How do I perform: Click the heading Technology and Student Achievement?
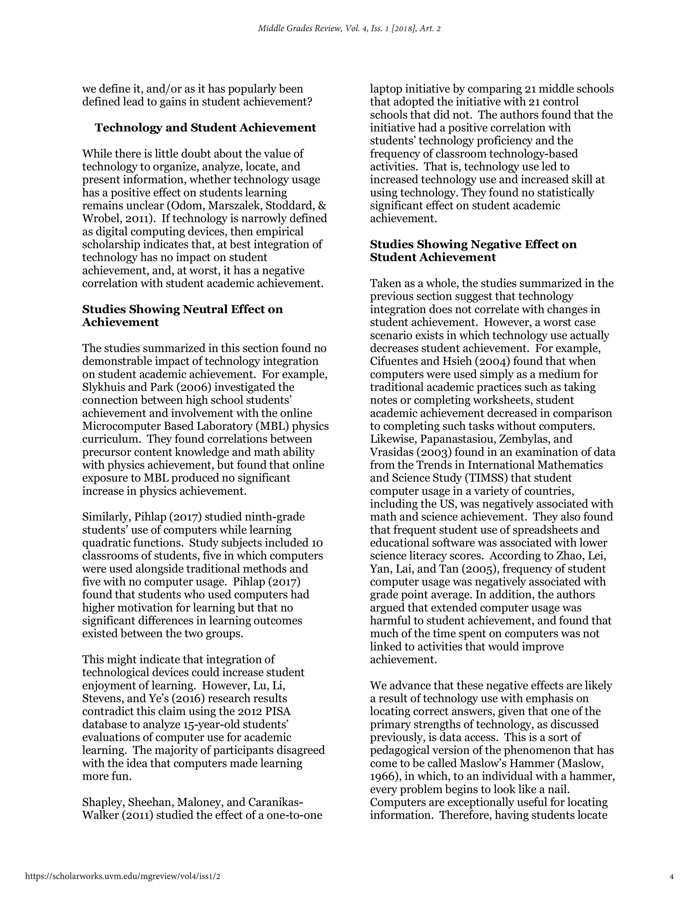(x=205, y=128)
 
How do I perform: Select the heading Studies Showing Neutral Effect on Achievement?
(x=182, y=316)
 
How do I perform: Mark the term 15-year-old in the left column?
(x=211, y=724)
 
